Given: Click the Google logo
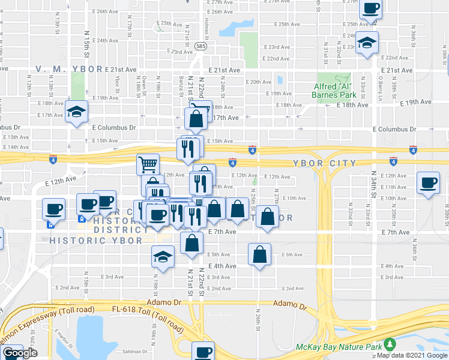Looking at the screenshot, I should (x=20, y=353).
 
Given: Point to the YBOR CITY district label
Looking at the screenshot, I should (x=325, y=163).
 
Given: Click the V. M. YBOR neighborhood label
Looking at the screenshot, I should (x=70, y=69).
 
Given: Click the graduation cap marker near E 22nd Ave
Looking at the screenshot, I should (x=367, y=44).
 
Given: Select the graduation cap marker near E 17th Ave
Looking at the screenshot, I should (x=77, y=113).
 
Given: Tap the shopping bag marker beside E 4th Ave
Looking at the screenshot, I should (x=259, y=254).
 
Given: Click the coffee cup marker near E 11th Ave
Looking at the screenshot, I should (x=428, y=183).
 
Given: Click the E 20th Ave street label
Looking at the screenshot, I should (x=259, y=82).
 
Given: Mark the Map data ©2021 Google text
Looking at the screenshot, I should (x=411, y=355).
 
